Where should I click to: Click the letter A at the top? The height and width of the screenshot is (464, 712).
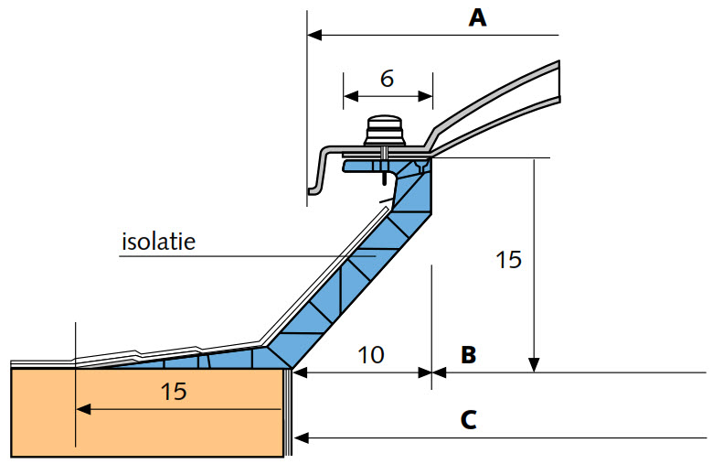476,16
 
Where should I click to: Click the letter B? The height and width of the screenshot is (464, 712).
469,354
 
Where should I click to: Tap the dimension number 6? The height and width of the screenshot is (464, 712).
387,79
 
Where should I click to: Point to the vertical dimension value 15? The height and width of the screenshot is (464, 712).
508,260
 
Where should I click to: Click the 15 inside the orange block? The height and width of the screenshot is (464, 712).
174,392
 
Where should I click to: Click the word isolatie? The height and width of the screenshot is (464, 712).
159,243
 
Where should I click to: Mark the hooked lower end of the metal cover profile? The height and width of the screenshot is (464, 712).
314,189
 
